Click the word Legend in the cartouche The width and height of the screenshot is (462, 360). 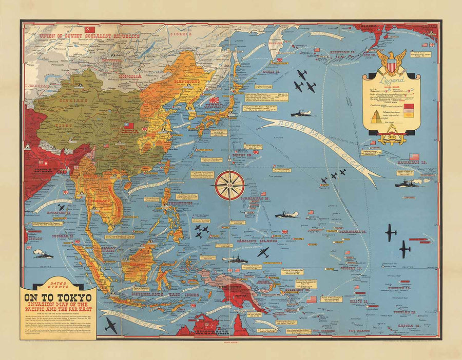click(392, 81)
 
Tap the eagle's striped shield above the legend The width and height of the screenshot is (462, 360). click(391, 66)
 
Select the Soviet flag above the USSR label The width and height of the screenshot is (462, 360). click(90, 29)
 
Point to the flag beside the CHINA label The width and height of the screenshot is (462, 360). click(128, 125)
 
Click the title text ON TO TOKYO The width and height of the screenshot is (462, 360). click(56, 298)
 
